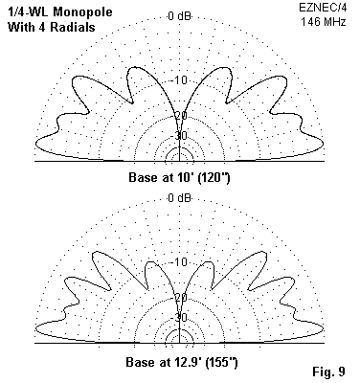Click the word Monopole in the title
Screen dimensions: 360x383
82,12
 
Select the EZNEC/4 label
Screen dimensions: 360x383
322,8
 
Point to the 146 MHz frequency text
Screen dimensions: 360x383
324,22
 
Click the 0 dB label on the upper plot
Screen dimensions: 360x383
180,16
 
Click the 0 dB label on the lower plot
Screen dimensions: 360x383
180,198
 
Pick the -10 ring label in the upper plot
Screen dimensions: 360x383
180,79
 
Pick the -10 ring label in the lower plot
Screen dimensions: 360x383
180,262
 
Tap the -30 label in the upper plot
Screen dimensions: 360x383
180,136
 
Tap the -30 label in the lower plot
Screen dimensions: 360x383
180,318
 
